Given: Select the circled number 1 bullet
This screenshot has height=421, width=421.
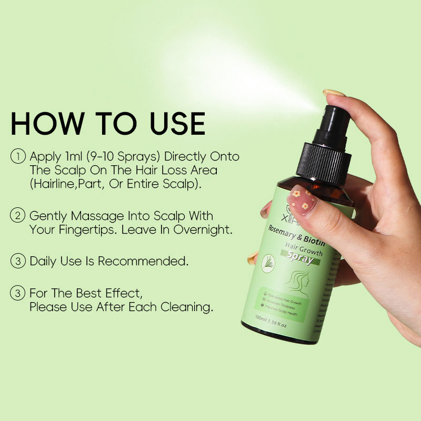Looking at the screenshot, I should (18, 156).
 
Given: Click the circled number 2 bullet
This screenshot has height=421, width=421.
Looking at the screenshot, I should (18, 216).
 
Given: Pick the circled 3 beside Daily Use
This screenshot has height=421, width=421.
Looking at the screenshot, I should (18, 261).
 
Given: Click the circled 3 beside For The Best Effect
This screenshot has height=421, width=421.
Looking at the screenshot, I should (18, 293).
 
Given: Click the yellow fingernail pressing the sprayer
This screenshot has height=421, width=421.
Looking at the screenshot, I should (334, 93).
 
